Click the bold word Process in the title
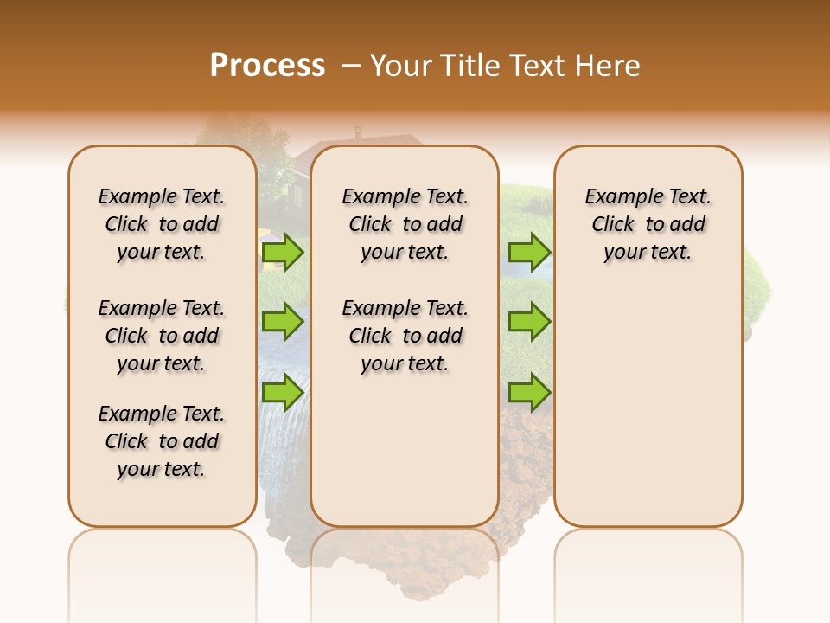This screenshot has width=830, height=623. (267, 66)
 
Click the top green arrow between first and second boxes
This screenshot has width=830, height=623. (283, 252)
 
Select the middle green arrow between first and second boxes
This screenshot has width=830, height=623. (283, 322)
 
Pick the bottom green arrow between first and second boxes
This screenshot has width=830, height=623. (283, 392)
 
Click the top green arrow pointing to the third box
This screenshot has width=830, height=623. (529, 252)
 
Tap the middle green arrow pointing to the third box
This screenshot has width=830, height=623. (529, 322)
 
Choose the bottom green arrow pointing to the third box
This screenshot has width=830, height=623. (529, 392)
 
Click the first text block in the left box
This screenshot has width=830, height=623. (162, 224)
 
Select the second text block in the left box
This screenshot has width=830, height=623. (162, 336)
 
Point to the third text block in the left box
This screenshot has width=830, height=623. (162, 441)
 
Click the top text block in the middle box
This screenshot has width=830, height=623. (405, 224)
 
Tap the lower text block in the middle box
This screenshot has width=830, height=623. (405, 336)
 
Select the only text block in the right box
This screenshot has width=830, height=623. (648, 224)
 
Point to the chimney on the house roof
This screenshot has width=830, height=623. (358, 133)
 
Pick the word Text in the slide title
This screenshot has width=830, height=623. (539, 66)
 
